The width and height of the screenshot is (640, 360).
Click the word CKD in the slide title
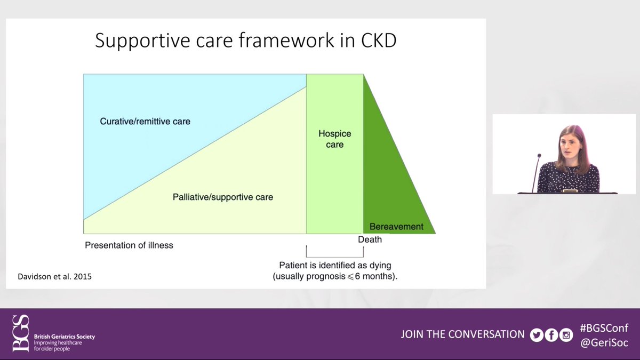click(379, 41)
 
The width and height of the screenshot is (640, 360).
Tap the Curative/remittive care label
click(145, 122)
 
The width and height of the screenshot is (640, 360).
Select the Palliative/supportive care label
click(223, 197)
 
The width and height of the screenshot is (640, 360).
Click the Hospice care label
click(335, 139)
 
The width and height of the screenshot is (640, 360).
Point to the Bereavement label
click(396, 227)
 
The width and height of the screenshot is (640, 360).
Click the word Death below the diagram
click(370, 239)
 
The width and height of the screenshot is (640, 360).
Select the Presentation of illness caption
click(129, 245)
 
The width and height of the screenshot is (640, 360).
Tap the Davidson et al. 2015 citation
click(54, 277)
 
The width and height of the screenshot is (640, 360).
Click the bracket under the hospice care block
click(335, 257)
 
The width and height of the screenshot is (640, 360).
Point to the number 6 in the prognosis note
click(357, 276)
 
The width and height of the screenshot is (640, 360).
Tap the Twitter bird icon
click(537, 335)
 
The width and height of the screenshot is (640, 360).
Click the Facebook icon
click(551, 335)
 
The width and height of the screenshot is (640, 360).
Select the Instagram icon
click(566, 335)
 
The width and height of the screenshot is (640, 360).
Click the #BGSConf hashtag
click(604, 328)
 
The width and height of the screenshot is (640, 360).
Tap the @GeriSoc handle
click(604, 342)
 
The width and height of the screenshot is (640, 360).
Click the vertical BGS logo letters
click(21, 333)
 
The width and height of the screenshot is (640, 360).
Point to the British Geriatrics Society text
click(65, 337)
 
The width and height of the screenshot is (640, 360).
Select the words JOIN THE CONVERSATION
click(462, 334)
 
